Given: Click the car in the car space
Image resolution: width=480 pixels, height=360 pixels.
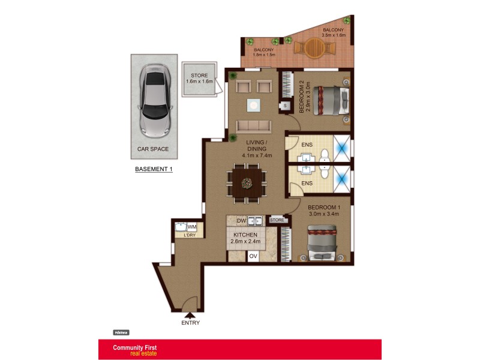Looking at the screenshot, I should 155,101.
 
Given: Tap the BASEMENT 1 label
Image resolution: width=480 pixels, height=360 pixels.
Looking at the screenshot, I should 154,169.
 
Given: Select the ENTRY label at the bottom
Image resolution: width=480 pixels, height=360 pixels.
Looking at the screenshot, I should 190,323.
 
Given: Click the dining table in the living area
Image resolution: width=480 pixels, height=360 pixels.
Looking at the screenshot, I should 245,183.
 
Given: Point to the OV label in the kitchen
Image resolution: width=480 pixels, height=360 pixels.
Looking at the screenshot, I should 253,256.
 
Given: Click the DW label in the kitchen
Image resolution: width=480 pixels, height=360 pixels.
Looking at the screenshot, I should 241,220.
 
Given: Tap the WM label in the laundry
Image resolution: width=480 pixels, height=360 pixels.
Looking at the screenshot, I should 192,227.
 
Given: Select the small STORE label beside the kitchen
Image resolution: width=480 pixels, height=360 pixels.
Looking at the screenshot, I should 277,220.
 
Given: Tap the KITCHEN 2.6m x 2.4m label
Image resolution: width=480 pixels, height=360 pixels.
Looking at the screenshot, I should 245,238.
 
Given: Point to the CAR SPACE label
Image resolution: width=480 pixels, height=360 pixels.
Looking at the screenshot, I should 153,149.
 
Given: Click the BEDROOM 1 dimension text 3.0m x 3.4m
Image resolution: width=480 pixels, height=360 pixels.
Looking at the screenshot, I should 324,214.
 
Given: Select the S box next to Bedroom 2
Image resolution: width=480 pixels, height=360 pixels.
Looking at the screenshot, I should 284,106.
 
